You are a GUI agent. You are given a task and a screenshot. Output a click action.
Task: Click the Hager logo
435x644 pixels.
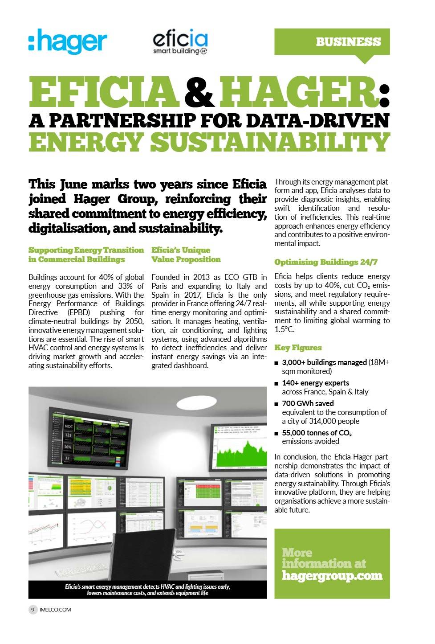pos(68,41)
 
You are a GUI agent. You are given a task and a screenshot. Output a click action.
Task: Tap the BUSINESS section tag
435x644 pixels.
pos(348,42)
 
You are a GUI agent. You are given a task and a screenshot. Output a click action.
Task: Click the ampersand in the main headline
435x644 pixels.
pos(199,92)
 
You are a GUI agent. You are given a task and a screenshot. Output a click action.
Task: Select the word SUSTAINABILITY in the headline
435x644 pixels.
pos(270,142)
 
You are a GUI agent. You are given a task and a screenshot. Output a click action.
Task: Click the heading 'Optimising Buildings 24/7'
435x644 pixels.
pos(325,262)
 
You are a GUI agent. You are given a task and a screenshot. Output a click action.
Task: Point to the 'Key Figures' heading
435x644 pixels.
pos(297,348)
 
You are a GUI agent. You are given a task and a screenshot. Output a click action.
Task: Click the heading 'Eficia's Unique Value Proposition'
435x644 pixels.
pos(186,254)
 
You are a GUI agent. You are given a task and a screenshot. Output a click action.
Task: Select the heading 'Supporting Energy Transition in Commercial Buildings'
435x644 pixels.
pos(86,254)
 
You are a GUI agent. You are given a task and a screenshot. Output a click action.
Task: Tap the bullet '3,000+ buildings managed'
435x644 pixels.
pos(324,362)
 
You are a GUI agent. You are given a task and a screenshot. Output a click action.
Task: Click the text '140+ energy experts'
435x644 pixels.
pos(315,383)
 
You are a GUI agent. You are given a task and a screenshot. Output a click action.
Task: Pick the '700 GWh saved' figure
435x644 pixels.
pos(308,403)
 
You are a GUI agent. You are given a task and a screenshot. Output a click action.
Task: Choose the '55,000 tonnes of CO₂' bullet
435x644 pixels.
pos(317,433)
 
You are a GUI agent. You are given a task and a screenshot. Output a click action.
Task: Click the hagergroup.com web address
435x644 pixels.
pos(332,575)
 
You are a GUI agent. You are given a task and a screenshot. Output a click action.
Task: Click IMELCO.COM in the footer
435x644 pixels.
pos(55,609)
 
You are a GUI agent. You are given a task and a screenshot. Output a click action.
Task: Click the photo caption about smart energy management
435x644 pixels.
pos(147,590)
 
